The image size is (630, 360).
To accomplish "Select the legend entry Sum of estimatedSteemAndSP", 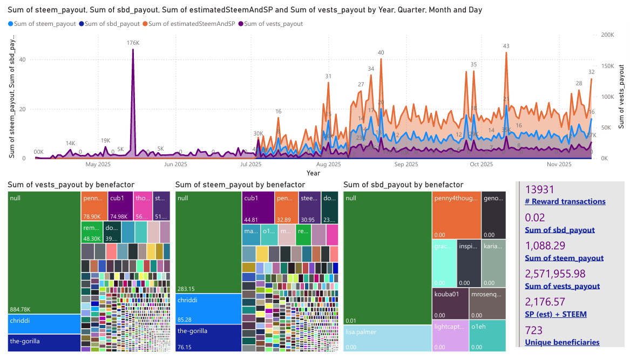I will pyautogui.click(x=192, y=24).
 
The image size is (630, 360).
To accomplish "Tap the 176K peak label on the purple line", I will pyautogui.click(x=133, y=43).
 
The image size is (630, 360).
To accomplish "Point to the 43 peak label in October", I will pyautogui.click(x=506, y=46).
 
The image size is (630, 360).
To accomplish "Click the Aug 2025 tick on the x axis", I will pyautogui.click(x=328, y=164).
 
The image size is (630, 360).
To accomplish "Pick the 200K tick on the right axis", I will pyautogui.click(x=607, y=35).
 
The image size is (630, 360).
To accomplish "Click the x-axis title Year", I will pyautogui.click(x=313, y=173).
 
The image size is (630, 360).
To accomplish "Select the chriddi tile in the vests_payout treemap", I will pyautogui.click(x=44, y=324).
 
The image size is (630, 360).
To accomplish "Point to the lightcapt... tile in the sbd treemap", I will pyautogui.click(x=450, y=335).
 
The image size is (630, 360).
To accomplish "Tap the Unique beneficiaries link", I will pyautogui.click(x=562, y=342).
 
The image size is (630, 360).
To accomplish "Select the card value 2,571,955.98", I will pyautogui.click(x=561, y=274).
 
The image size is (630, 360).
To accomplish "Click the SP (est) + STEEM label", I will pyautogui.click(x=556, y=314).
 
